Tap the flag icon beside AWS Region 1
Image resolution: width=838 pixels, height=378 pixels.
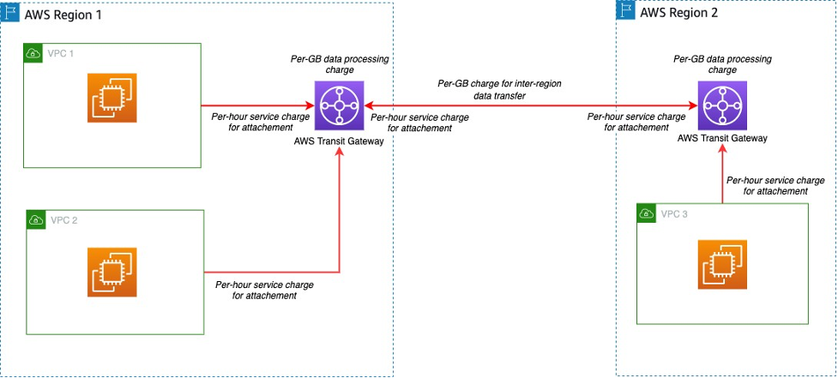11,15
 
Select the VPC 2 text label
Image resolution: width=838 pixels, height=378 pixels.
63,220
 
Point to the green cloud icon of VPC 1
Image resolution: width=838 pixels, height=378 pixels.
33,53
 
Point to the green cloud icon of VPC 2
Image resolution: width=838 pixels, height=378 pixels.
36,220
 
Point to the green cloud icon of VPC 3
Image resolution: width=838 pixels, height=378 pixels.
647,213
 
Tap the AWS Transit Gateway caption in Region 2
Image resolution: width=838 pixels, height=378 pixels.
722,138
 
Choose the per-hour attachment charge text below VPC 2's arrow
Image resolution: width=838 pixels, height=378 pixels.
264,290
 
